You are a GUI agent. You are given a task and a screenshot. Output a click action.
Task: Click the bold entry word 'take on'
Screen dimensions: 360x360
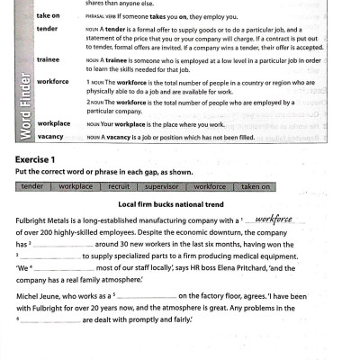click(x=49, y=15)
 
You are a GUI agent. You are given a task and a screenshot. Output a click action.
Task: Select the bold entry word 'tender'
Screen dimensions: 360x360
click(x=47, y=28)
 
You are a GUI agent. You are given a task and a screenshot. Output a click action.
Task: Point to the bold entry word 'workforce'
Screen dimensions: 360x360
click(x=53, y=81)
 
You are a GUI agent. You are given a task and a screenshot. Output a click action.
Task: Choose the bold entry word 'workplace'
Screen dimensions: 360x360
click(x=54, y=121)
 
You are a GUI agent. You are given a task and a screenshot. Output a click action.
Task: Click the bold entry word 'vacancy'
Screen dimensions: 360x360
click(x=50, y=136)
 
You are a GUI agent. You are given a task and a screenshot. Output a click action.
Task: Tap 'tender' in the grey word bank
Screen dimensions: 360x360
click(x=31, y=186)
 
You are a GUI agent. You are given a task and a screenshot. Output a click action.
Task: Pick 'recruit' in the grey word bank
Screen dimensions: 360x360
click(x=118, y=186)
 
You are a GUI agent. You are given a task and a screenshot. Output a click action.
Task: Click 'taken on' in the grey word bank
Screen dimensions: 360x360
click(x=256, y=186)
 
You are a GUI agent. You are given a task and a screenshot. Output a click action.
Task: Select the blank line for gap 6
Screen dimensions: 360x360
click(x=49, y=320)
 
